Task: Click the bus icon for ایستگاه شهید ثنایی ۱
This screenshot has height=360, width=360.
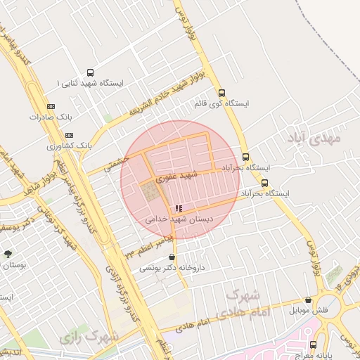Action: [x=90, y=72]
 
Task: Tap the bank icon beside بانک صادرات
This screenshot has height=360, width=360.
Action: [x=49, y=106]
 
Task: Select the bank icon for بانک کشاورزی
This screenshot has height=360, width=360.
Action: [x=69, y=134]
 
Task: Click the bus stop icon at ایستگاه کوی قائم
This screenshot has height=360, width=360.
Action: [x=222, y=93]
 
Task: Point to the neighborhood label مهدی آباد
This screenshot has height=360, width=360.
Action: [x=314, y=139]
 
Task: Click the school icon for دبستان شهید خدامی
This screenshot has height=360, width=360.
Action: [x=179, y=208]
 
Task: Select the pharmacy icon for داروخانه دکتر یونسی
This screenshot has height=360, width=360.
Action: [x=172, y=257]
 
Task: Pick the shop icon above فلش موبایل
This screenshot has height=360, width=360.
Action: [x=307, y=300]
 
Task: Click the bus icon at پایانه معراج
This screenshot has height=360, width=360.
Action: [x=313, y=345]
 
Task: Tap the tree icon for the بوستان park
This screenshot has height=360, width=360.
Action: [x=8, y=255]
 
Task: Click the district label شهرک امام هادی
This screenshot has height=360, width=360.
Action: [x=246, y=302]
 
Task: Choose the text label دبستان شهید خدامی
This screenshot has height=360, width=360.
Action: [x=178, y=219]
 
